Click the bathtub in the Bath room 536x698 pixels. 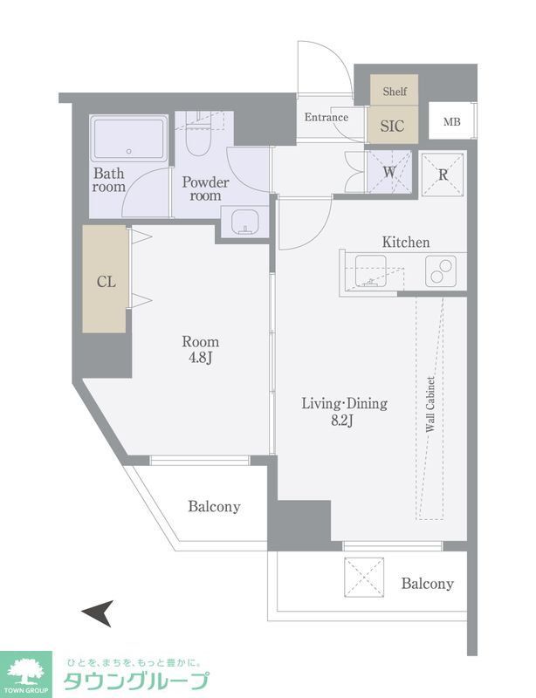129,139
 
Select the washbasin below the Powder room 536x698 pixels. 244,222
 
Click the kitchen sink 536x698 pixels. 371,271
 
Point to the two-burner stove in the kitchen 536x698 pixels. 441,270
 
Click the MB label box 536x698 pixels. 452,121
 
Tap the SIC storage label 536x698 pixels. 392,126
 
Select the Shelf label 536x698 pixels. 395,92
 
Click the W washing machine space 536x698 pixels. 389,172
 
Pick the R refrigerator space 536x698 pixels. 443,174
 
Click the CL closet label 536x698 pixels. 107,281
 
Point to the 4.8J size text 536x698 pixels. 200,358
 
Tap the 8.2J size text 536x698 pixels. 342,421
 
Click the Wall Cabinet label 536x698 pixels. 430,405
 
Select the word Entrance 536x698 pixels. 326,117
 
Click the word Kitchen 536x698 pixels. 406,243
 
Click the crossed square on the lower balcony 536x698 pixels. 364,577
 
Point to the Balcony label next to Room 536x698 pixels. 214,507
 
